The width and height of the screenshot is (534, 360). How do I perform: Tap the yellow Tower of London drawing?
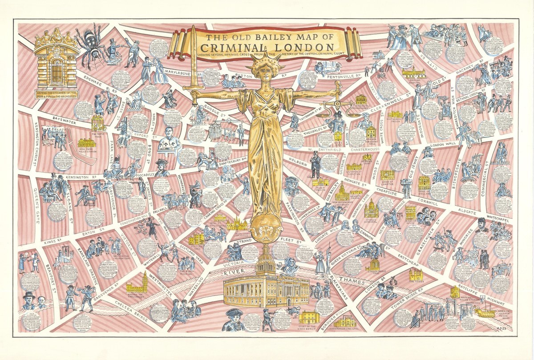(416, 274)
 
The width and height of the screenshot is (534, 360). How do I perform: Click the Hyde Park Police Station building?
(86, 143)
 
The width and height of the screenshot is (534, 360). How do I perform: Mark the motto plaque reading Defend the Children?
(57, 94)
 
